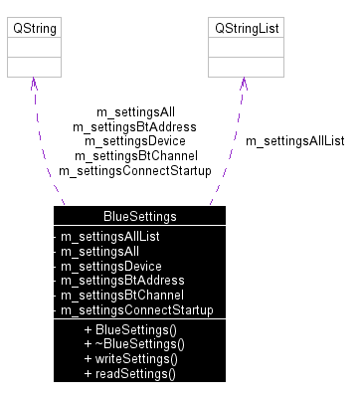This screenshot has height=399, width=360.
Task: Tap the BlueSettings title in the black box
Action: pos(139,216)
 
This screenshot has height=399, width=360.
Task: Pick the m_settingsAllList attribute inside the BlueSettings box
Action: pos(109,237)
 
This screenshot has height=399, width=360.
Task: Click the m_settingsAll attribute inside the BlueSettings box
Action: pos(99,252)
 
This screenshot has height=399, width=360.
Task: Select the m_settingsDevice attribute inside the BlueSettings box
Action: pos(110,267)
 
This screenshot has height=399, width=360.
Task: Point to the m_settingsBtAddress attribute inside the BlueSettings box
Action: pos(115,281)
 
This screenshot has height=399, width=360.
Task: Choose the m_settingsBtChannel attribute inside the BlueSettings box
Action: pos(115,296)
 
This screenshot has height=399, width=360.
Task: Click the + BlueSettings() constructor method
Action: pos(130,329)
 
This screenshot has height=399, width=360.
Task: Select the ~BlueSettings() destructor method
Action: pos(134,344)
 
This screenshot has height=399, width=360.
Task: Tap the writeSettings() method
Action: pos(131,359)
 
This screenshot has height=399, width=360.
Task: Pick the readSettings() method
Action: pos(130,374)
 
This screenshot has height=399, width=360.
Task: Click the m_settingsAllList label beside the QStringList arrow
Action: pos(294,141)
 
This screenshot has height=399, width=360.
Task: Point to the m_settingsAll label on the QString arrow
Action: pos(134,111)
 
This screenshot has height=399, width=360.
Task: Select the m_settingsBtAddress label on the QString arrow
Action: pos(134,126)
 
